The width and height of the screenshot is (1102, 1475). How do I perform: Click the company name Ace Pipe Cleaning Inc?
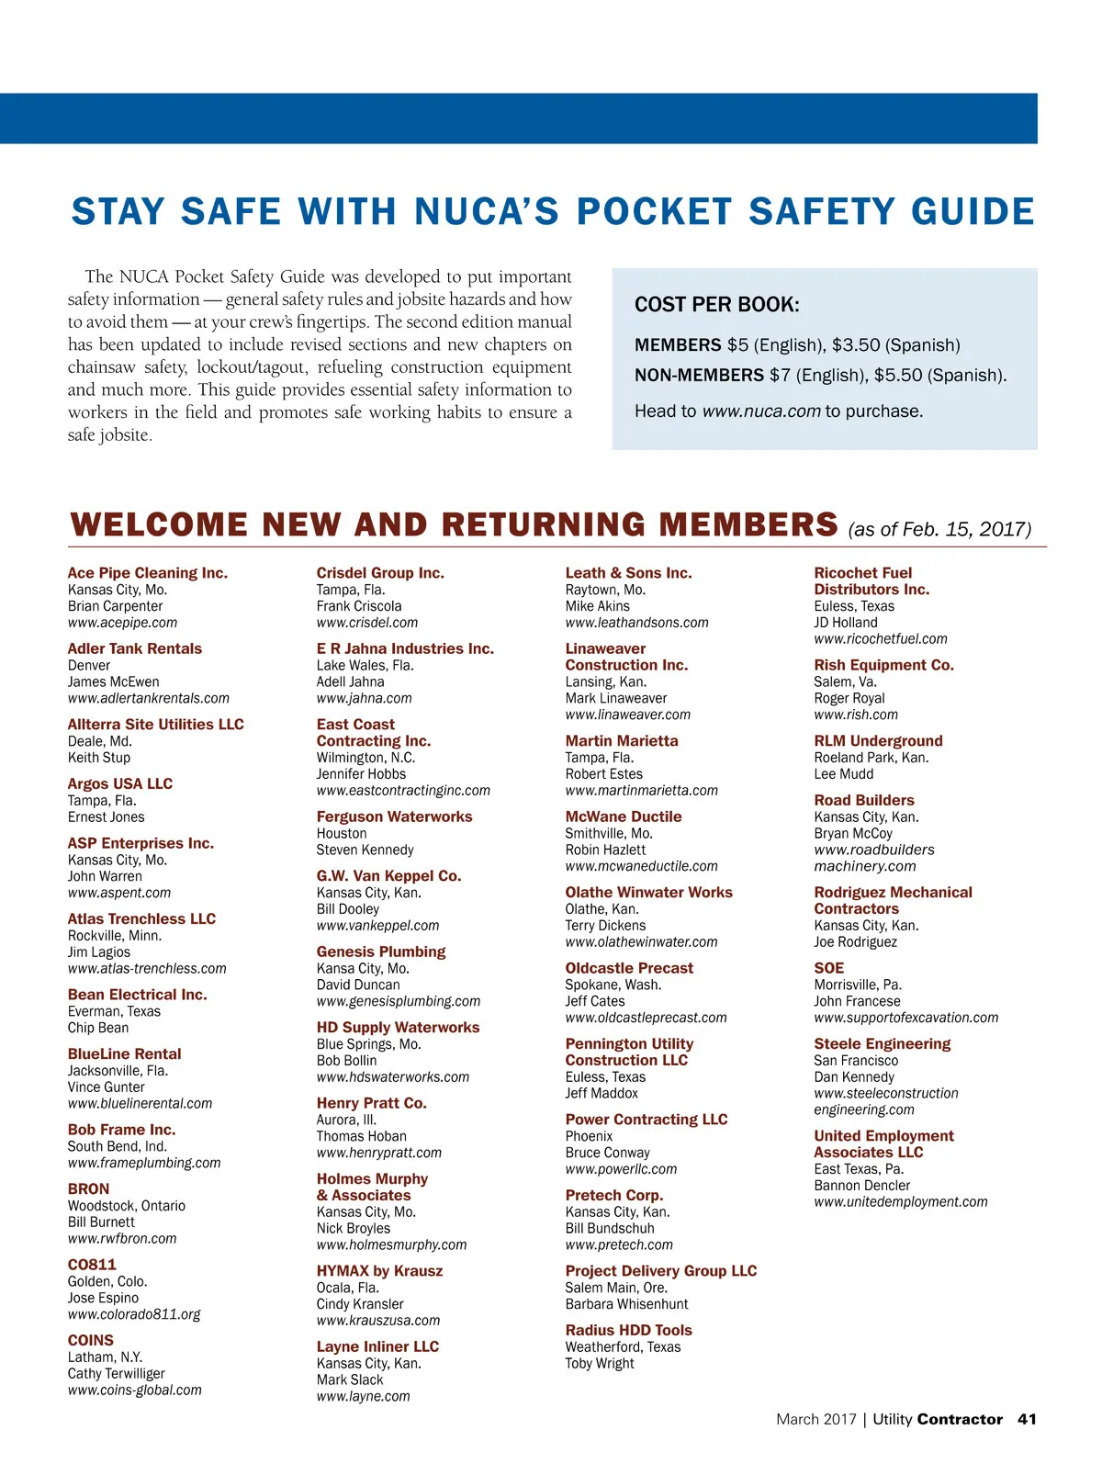[147, 573]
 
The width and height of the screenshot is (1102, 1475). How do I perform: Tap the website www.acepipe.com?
[122, 623]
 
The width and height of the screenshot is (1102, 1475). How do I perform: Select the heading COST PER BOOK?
[716, 305]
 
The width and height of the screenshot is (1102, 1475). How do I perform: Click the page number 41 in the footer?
[1027, 1419]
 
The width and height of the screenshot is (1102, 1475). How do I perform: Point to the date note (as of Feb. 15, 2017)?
[939, 529]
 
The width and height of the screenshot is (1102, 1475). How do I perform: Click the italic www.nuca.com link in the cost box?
[760, 411]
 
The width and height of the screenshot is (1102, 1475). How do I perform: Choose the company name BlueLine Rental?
[124, 1054]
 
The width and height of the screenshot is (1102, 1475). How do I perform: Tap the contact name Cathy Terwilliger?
[116, 1374]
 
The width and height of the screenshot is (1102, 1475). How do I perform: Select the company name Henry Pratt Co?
[371, 1103]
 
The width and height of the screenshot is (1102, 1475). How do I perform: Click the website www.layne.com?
[363, 1396]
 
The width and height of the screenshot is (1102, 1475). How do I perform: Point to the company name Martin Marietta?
[621, 741]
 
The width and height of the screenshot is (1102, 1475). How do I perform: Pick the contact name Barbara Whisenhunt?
[626, 1304]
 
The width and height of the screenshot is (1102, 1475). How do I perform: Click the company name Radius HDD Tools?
[628, 1330]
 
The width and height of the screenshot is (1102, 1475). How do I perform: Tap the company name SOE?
[828, 968]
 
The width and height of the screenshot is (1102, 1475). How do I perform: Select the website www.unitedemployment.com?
[900, 1202]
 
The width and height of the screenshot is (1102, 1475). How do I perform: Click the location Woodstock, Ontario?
[126, 1206]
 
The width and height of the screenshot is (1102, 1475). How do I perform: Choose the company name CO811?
[92, 1265]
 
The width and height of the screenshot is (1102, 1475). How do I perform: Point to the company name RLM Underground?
[877, 741]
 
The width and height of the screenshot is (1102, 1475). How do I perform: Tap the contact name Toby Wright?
[599, 1364]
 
